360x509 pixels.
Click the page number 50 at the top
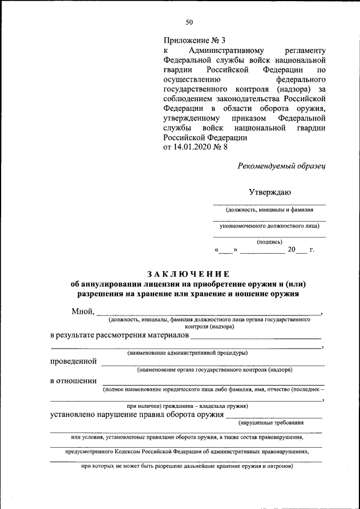tap(189, 22)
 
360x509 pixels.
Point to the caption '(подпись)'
tap(269, 242)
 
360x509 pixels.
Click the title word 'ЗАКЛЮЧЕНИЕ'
tap(189, 274)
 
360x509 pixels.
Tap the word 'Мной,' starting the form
tap(83, 312)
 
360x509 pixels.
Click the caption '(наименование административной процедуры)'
tap(187, 353)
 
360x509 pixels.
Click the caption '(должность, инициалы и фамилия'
tap(269, 210)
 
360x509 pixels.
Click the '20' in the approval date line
tap(291, 250)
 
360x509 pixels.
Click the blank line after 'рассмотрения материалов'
tap(256, 337)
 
